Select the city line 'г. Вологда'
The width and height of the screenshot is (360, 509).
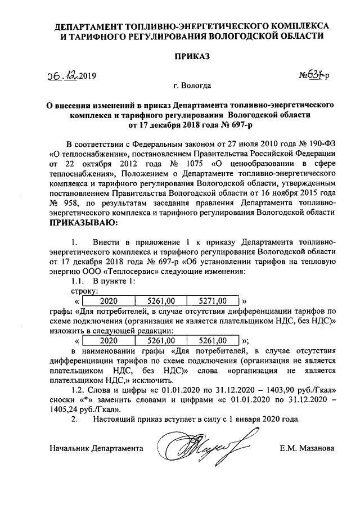193,86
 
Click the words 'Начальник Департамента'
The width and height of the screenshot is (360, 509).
96,448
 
